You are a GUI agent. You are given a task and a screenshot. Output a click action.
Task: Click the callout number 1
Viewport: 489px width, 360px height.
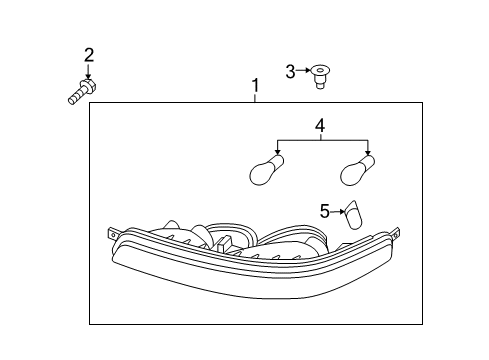256,86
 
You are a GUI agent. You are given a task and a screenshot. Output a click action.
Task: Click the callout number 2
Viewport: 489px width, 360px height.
88,54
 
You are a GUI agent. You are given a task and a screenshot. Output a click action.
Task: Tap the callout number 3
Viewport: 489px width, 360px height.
291,70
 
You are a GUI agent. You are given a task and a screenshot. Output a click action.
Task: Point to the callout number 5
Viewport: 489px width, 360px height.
324,211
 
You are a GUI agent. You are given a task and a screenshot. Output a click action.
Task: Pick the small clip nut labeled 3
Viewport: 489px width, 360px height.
320,74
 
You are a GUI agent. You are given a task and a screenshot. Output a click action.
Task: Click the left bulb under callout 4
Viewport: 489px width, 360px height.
266,173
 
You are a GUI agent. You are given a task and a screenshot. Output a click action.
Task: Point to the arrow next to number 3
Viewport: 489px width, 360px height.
304,70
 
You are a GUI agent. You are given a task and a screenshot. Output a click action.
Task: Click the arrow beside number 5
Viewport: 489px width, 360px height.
338,211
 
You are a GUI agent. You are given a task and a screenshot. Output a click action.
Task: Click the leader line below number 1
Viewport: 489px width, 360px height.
256,97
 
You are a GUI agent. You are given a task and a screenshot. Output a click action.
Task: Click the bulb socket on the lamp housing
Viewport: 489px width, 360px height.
200,238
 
